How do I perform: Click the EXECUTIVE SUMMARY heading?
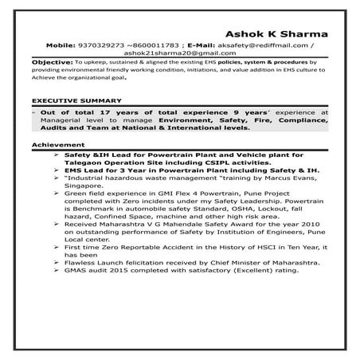[x=76, y=101]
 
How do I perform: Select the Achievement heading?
[x=53, y=144]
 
